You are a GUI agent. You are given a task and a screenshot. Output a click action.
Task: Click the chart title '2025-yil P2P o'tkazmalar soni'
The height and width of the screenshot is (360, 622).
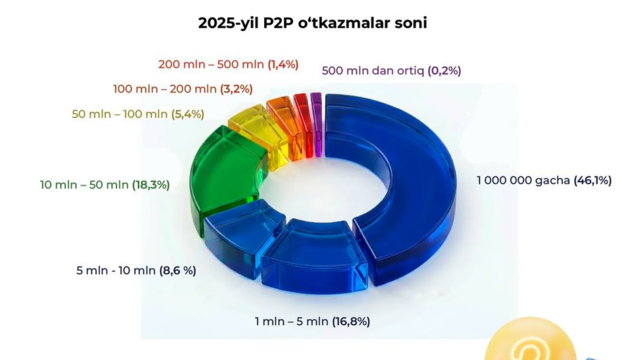tap(312, 23)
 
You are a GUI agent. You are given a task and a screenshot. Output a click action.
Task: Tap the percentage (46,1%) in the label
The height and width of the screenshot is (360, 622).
tap(592, 180)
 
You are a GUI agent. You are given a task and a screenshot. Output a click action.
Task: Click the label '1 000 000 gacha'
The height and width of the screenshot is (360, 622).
tap(523, 180)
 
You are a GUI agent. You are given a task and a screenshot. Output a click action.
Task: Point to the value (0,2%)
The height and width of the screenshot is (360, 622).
tap(444, 70)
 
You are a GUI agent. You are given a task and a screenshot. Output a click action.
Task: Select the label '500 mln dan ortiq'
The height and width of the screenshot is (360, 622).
tap(373, 70)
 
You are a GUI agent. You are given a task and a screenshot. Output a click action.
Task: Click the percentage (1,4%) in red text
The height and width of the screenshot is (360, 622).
tap(283, 65)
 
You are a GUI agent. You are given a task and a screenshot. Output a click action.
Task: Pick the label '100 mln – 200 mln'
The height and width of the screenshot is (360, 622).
tap(165, 89)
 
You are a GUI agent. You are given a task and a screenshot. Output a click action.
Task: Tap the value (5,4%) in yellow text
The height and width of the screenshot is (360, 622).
tap(188, 114)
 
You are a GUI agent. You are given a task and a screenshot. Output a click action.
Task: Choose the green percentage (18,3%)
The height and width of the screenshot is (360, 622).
tap(151, 185)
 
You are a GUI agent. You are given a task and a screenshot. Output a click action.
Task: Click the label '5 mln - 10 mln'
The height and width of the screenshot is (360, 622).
tap(116, 271)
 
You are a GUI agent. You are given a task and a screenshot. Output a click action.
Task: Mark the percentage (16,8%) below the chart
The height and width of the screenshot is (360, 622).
tap(351, 322)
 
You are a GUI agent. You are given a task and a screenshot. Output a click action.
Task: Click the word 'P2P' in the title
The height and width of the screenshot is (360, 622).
tap(278, 23)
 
